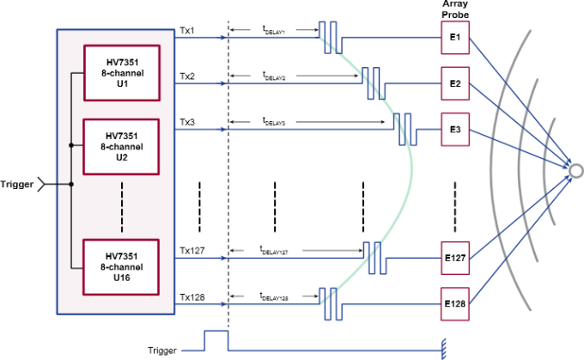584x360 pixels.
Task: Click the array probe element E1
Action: point(454,39)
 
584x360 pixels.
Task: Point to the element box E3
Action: point(454,130)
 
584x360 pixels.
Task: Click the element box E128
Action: point(454,304)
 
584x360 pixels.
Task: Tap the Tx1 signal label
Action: point(187,30)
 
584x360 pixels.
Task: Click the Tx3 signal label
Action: point(187,122)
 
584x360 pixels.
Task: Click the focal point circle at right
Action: point(576,169)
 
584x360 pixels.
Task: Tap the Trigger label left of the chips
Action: point(17,183)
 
